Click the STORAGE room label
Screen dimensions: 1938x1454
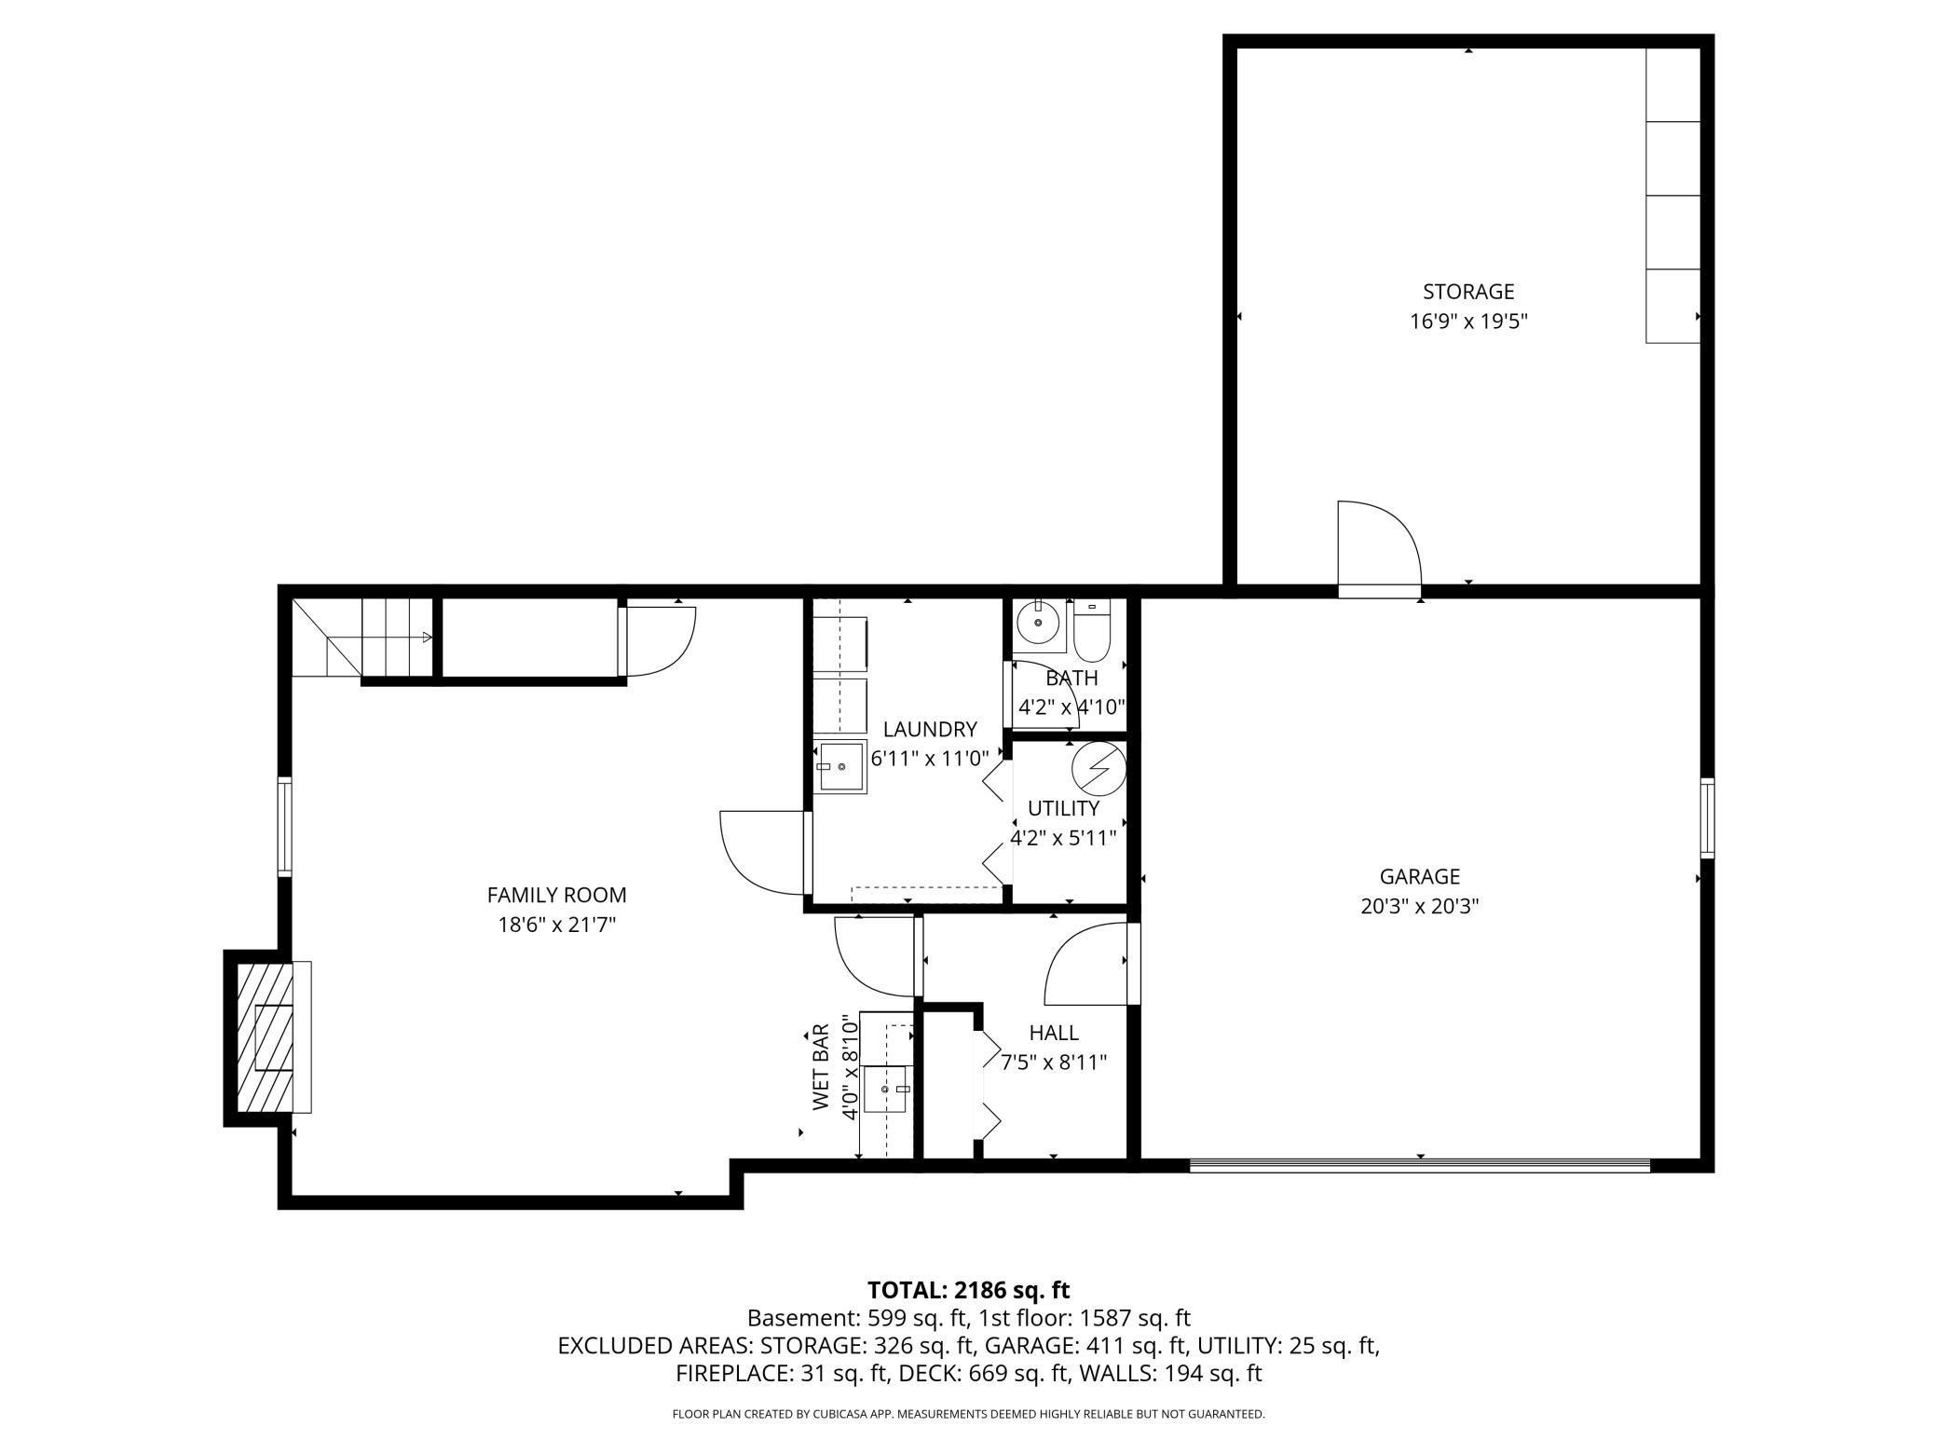(1467, 292)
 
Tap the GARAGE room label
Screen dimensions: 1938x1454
(1419, 876)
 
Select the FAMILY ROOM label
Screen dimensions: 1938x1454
(556, 895)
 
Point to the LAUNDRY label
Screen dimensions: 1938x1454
(930, 729)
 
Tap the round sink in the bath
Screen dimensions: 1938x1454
(1038, 621)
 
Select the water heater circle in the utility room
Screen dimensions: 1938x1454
(1099, 768)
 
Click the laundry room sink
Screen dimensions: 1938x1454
(842, 767)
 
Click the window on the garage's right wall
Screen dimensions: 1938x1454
(1707, 818)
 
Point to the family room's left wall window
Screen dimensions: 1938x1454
(285, 827)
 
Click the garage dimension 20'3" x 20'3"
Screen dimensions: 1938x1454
(1420, 906)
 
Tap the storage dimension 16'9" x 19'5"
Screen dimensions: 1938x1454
(1468, 322)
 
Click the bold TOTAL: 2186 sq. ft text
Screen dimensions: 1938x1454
(968, 1290)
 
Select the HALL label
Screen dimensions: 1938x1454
(1054, 1033)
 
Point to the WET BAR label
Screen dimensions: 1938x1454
(820, 1067)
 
